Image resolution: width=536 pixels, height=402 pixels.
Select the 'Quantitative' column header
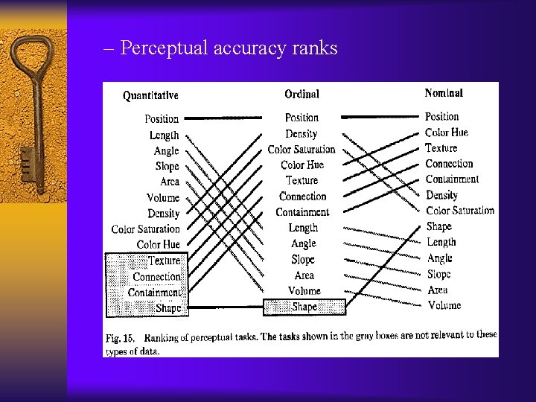click(150, 95)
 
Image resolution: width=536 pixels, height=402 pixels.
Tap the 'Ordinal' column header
click(301, 94)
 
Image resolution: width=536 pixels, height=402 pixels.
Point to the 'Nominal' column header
click(444, 93)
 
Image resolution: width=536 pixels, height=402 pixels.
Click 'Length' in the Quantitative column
click(164, 135)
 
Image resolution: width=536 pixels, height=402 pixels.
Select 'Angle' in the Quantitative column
click(166, 151)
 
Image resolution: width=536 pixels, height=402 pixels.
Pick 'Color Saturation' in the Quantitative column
click(146, 229)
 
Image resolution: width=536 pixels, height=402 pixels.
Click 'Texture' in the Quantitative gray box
click(164, 261)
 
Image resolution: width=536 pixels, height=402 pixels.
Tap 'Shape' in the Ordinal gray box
click(304, 307)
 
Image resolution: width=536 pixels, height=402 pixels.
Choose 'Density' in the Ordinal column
click(301, 134)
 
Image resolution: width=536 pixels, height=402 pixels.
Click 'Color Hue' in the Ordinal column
click(302, 165)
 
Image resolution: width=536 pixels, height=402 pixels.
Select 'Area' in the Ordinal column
click(304, 275)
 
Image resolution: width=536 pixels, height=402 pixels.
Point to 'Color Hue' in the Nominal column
click(447, 133)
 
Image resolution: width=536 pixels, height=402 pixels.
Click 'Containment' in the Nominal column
click(452, 179)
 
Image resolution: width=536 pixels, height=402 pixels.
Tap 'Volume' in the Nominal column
click(444, 305)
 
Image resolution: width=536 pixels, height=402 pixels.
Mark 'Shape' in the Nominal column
click(438, 226)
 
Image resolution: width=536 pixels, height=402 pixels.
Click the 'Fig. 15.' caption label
click(121, 339)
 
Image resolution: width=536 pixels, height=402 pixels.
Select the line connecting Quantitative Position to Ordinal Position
click(223, 118)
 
